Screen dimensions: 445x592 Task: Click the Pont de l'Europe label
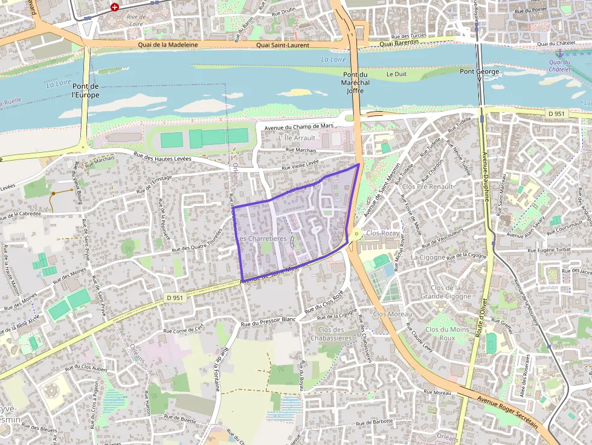point(85,91)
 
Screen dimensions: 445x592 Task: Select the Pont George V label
point(481,72)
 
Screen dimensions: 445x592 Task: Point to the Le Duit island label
point(396,74)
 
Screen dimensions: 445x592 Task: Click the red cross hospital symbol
point(114,7)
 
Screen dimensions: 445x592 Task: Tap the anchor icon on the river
point(559,54)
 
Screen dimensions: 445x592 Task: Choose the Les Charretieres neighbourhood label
point(262,239)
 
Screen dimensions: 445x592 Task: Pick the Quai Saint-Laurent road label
point(282,45)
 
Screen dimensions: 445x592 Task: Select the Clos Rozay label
point(382,233)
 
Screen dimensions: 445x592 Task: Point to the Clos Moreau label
point(392,314)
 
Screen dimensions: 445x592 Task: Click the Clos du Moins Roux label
point(447,333)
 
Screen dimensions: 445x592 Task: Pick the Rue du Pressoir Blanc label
point(268,320)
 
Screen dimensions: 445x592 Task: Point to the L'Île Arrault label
point(297,138)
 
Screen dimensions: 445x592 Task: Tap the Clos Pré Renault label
point(427,187)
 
